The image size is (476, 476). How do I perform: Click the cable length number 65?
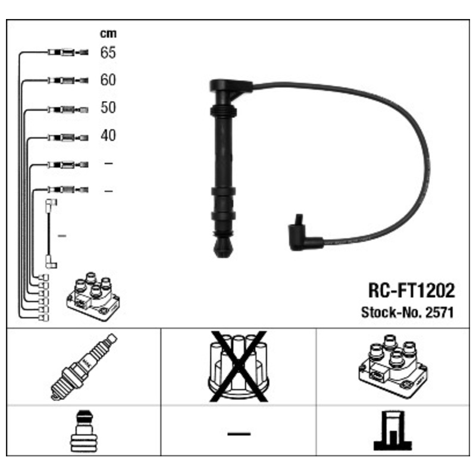108,52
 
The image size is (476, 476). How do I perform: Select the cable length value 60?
108,80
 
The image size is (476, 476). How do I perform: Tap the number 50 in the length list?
108,108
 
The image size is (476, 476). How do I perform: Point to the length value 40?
108,136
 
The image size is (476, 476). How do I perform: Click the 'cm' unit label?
108,33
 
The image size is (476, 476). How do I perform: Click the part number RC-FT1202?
411,290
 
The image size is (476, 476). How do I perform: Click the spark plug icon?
84,367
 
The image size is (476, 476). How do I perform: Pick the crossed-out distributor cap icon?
239,367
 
